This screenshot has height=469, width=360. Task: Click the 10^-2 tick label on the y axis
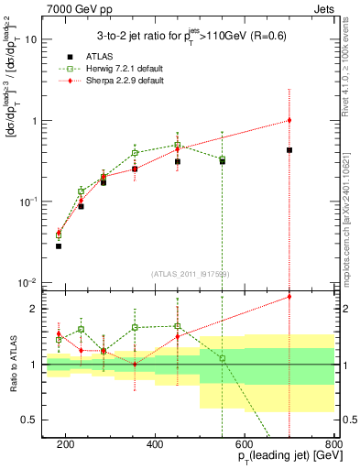pos(27,281)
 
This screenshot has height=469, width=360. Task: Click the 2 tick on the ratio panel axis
pos(37,309)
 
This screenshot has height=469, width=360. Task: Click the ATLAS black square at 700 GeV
pos(289,149)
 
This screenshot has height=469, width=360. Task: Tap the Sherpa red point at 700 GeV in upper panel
pos(289,120)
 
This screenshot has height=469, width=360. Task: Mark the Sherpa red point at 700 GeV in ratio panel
pos(289,296)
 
